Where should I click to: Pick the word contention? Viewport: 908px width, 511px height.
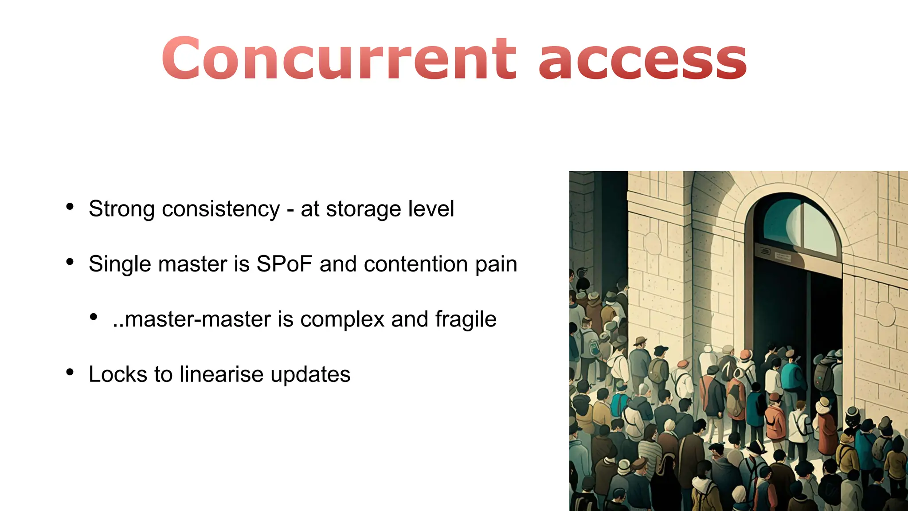pos(415,264)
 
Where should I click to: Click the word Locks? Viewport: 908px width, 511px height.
pos(117,374)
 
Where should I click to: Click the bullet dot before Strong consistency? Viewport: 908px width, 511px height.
pos(70,207)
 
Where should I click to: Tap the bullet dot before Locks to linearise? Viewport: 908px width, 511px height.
pos(70,372)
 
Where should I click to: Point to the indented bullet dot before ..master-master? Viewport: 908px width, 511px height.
pos(93,317)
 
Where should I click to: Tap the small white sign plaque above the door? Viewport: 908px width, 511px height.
pos(783,256)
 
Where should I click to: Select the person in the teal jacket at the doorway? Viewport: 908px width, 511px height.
pos(792,377)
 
